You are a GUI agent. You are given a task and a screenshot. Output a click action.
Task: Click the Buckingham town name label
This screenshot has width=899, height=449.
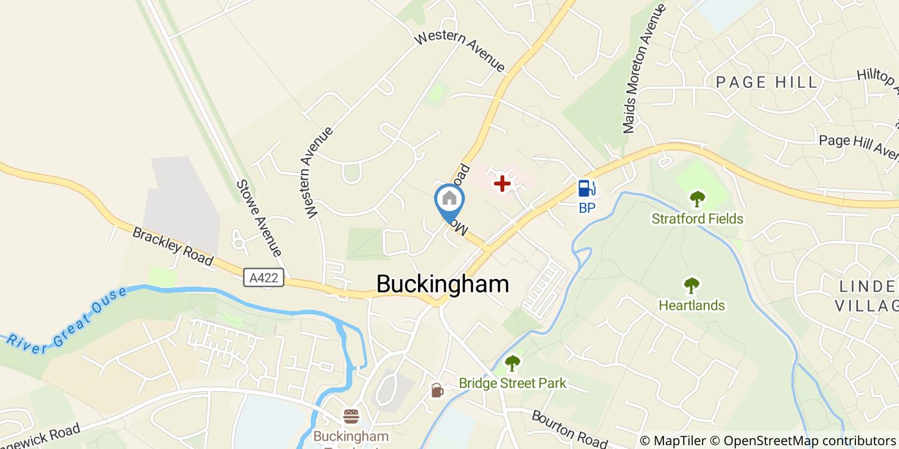[442, 284]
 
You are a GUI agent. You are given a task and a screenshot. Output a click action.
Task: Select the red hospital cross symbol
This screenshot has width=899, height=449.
[502, 184]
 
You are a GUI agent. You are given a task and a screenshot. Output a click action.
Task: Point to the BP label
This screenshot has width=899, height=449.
[587, 207]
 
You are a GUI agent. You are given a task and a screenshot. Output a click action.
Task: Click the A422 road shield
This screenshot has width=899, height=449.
[264, 278]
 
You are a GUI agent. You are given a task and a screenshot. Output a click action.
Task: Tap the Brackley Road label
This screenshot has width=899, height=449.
[172, 246]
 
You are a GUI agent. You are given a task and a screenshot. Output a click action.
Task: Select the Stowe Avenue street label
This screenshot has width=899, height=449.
[259, 217]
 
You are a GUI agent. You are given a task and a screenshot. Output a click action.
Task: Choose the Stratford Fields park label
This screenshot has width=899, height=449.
[697, 219]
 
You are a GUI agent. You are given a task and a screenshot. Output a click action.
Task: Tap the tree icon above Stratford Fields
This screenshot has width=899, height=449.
[697, 198]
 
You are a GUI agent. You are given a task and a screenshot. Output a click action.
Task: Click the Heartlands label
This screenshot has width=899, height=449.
[692, 305]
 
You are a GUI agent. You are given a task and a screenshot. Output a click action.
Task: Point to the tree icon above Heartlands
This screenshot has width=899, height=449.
[692, 285]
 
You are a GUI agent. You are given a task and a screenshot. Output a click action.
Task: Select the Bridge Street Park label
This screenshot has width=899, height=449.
[512, 384]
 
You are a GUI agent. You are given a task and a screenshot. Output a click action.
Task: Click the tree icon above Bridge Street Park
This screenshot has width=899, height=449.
[512, 364]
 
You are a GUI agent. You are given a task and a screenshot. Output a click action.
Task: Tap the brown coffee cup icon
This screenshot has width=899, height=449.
[437, 390]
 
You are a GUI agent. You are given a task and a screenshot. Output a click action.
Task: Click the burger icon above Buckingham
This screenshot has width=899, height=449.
[351, 416]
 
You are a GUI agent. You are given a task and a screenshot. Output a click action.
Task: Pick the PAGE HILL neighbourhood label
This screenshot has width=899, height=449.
[767, 82]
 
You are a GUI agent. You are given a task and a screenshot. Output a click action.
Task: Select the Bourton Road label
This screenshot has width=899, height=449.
[569, 429]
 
